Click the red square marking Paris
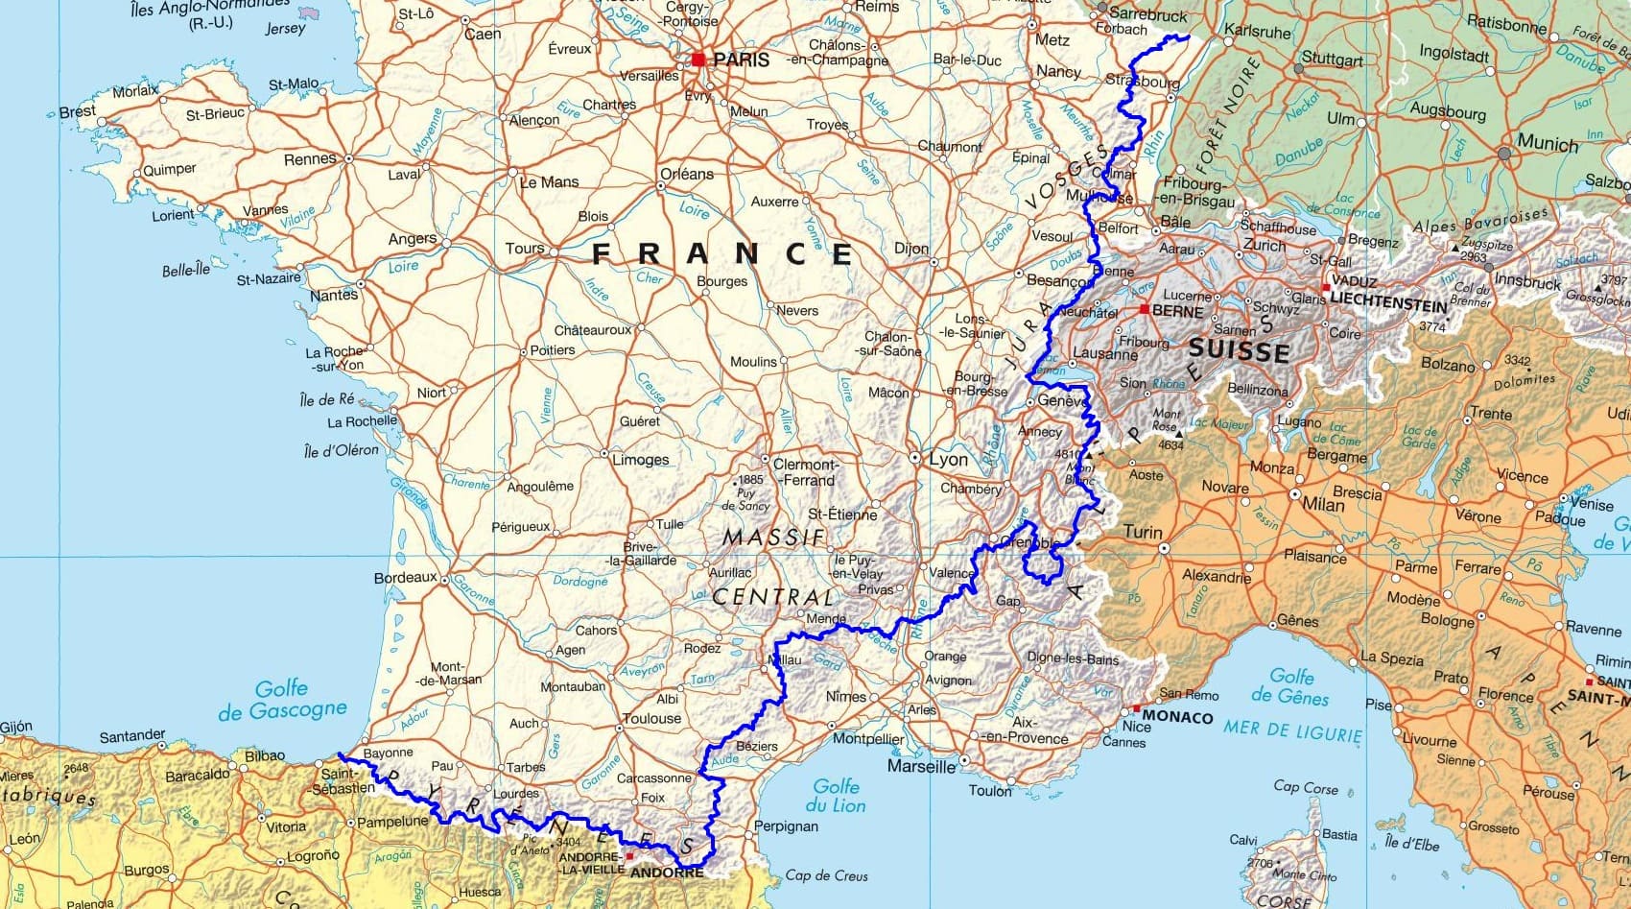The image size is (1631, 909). coord(698,60)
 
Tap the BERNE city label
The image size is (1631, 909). coord(1177,312)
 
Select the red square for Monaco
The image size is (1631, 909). coord(1136,708)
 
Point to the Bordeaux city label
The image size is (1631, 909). coord(405,578)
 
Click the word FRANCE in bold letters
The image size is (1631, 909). coord(721,253)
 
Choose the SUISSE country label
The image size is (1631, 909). coord(1239,349)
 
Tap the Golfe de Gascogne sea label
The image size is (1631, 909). coord(282,700)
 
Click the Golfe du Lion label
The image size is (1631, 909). coord(836,796)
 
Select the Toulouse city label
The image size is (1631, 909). coord(651,718)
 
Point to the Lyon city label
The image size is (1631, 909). coord(948,459)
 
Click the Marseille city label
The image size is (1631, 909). coord(921,767)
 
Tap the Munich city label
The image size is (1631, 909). coord(1547,144)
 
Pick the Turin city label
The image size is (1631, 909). coord(1143,532)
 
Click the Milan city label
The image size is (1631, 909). coord(1323,504)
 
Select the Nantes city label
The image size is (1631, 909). coord(333,296)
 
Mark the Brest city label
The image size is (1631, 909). coord(78,111)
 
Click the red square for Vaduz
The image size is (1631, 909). coord(1327,287)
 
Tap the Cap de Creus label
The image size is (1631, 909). coord(826,875)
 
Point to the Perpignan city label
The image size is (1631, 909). coord(786,826)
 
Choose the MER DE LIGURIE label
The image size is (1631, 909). coord(1292,731)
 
